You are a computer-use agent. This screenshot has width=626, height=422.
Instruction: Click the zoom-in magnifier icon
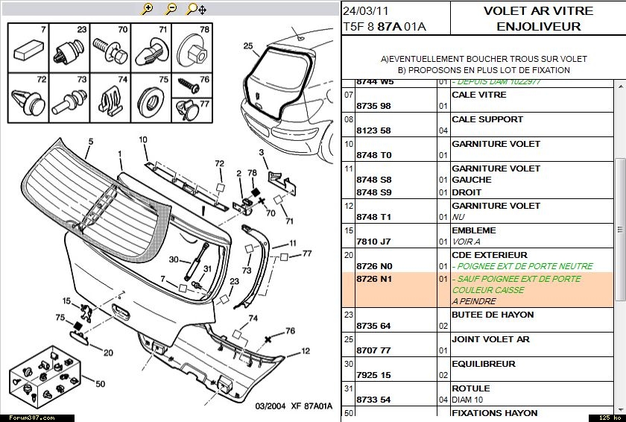(148, 9)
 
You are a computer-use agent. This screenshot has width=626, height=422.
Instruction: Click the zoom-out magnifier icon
(171, 9)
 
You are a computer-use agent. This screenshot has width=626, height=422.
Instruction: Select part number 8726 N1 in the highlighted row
(374, 280)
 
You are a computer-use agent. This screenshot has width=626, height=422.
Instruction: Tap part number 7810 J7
(373, 242)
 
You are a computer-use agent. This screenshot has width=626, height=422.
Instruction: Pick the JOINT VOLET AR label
(490, 339)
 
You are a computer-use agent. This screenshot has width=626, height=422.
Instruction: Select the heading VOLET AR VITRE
(538, 11)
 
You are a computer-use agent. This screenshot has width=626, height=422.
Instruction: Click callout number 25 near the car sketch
(248, 45)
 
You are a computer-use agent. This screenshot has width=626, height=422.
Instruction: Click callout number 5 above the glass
(90, 142)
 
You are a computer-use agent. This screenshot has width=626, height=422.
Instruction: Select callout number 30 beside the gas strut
(173, 259)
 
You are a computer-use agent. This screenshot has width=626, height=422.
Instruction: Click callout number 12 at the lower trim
(305, 351)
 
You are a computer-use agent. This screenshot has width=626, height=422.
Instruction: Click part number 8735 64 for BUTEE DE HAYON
(373, 327)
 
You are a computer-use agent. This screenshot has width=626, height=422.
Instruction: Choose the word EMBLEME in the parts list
(473, 230)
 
